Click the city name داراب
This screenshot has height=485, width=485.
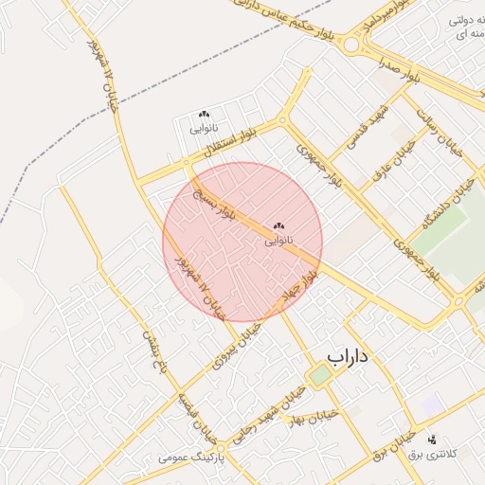348,356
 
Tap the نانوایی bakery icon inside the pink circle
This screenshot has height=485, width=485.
278,226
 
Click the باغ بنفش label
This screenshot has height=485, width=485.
155,352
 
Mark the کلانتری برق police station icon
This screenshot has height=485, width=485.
432,440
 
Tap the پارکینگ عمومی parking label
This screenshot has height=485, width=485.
189,458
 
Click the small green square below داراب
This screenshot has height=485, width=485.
321,375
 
